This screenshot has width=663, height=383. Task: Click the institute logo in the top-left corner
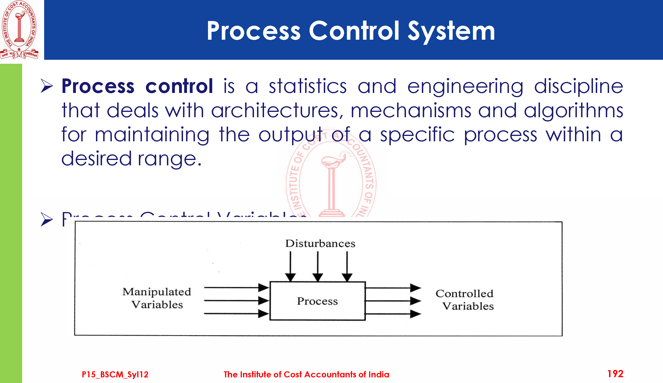[19, 29]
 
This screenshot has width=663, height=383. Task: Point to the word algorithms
[573, 111]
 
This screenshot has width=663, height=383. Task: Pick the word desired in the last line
[96, 159]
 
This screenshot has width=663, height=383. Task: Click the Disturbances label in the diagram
[320, 244]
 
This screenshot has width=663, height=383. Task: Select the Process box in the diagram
[317, 301]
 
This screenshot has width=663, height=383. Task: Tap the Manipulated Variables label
[157, 298]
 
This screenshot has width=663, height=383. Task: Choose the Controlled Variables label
[465, 300]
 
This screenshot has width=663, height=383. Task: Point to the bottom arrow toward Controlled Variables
[393, 314]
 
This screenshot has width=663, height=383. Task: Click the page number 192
[615, 374]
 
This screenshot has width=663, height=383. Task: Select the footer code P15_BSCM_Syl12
[115, 374]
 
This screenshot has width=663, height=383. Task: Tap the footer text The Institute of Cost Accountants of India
[306, 374]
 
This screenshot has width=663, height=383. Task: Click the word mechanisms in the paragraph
[411, 111]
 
